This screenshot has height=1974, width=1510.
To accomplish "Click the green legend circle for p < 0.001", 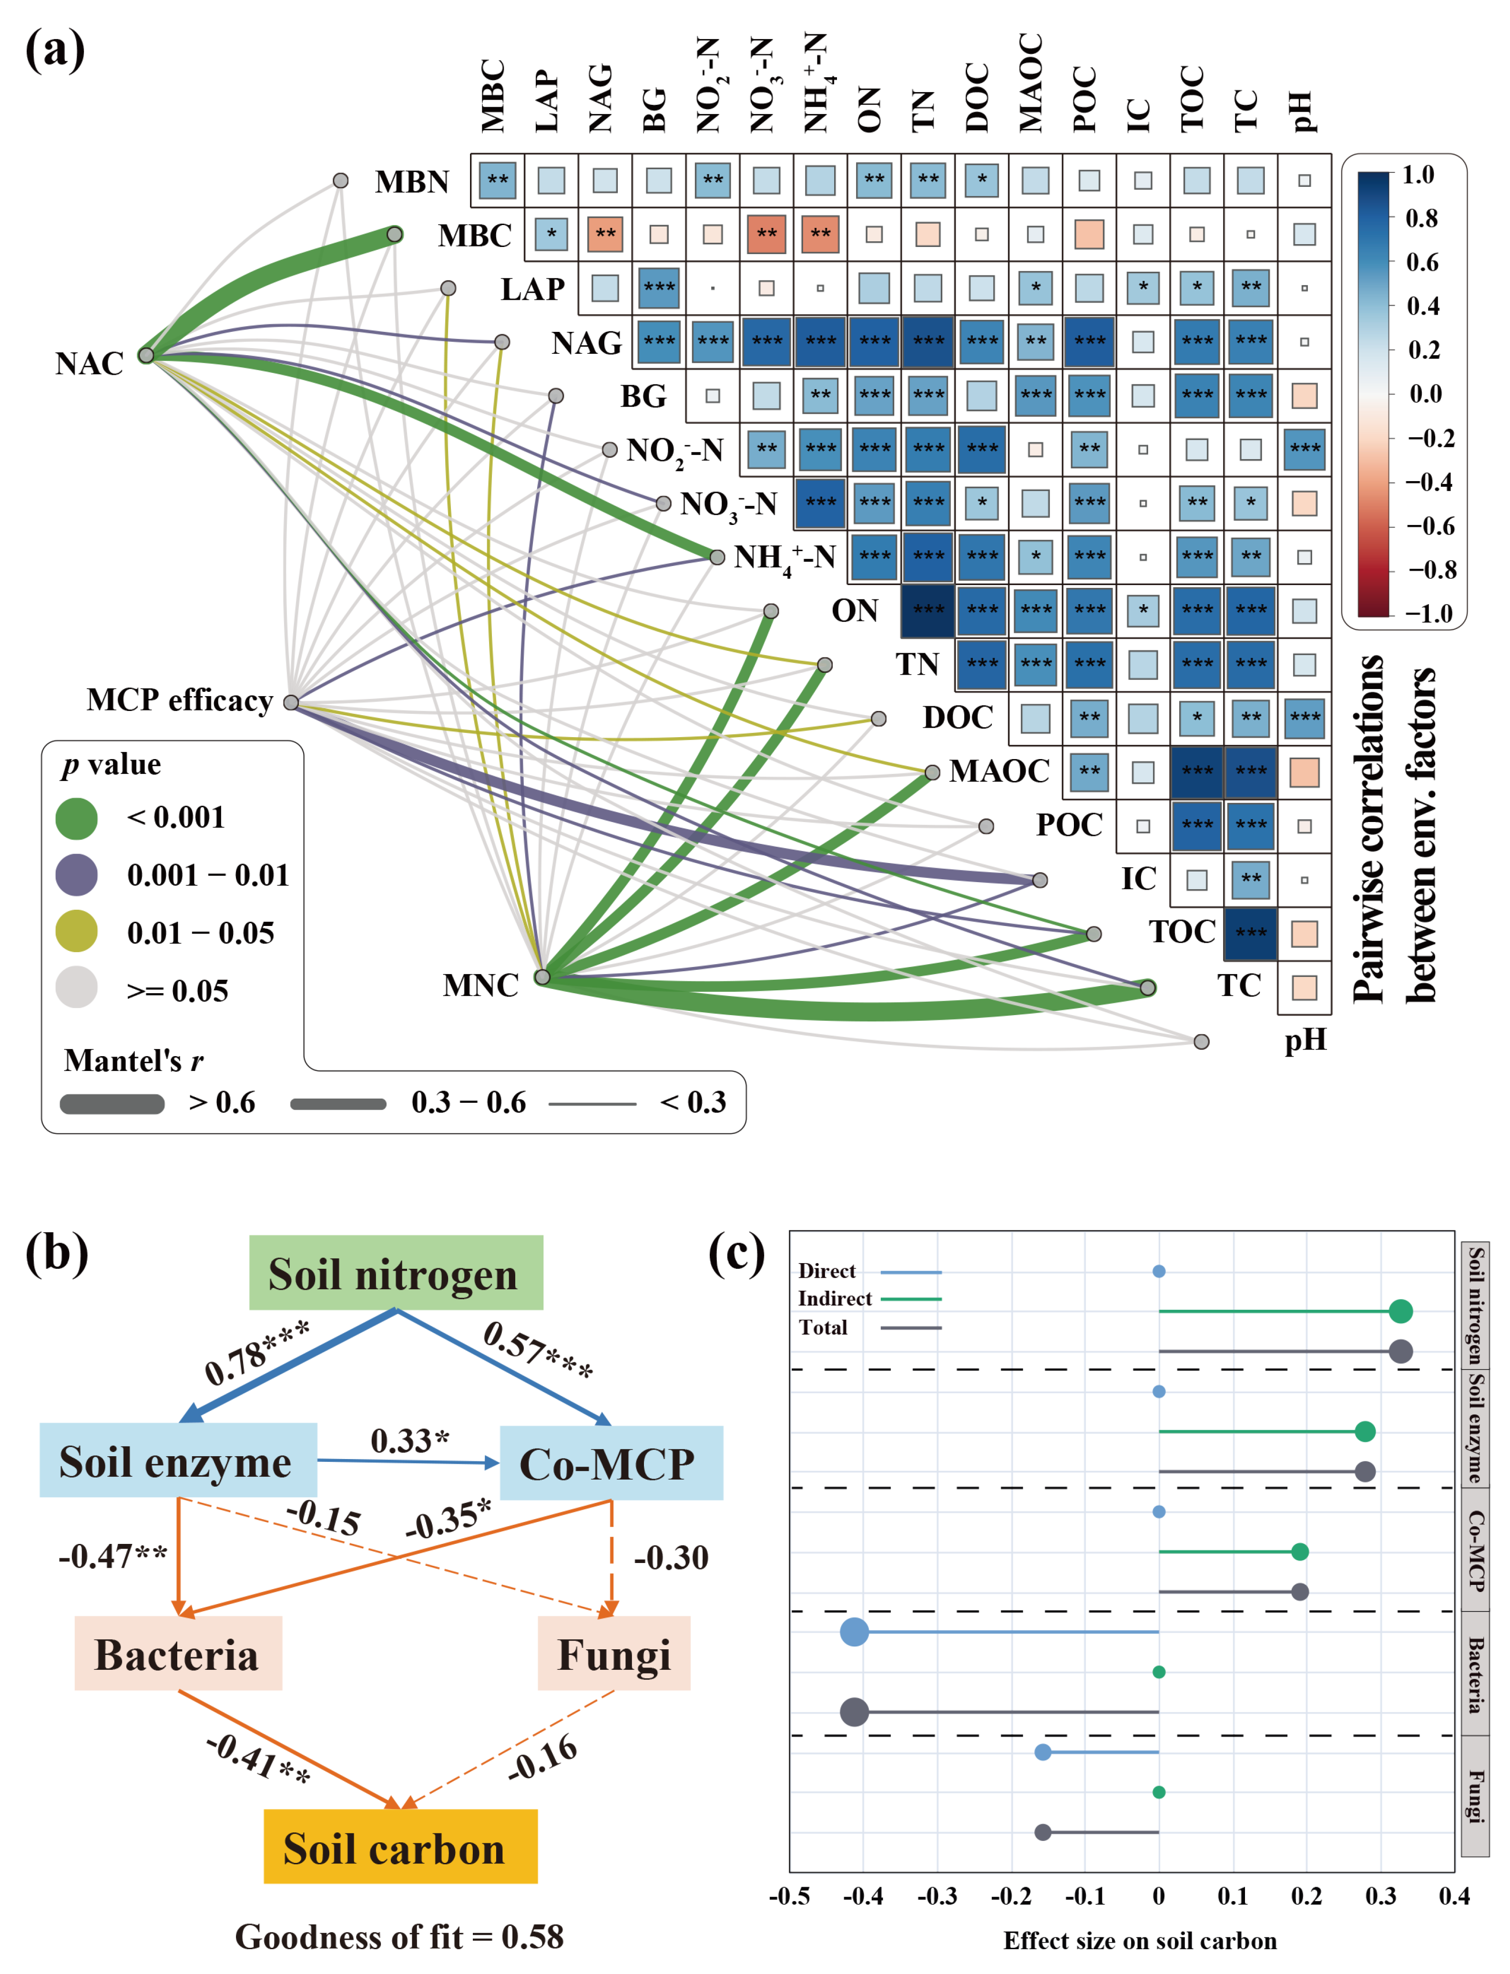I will click(x=76, y=818).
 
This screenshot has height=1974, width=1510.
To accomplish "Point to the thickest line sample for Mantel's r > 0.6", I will click(x=112, y=1104).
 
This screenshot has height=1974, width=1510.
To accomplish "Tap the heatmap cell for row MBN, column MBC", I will click(x=497, y=180).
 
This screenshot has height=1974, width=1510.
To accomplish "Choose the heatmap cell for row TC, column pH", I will click(x=1304, y=987).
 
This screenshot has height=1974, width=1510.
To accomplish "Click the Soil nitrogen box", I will click(x=396, y=1273).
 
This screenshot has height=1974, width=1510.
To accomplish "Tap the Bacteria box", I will click(x=178, y=1654).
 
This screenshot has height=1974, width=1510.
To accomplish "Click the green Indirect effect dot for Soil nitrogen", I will click(x=1399, y=1312).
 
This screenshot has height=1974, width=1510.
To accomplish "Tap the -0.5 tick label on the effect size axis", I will click(x=789, y=1897).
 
